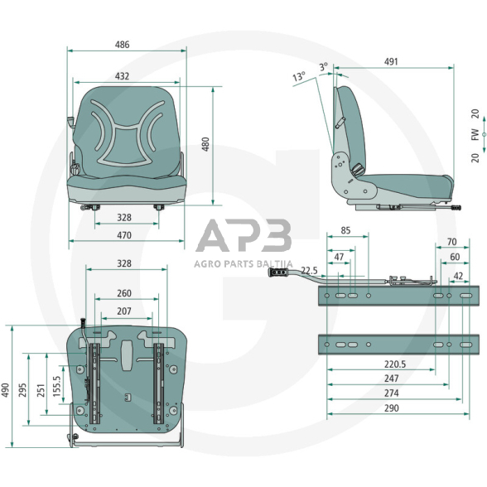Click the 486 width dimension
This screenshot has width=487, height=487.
122,45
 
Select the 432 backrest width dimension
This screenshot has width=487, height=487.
122,76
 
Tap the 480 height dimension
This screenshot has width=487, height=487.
205,144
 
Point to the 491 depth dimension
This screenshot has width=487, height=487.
391,61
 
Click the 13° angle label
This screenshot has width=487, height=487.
299,76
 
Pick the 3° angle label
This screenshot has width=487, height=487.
324,66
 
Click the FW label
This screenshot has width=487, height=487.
475,134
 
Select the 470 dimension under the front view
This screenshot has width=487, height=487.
124,235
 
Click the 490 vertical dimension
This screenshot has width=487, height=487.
6,390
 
